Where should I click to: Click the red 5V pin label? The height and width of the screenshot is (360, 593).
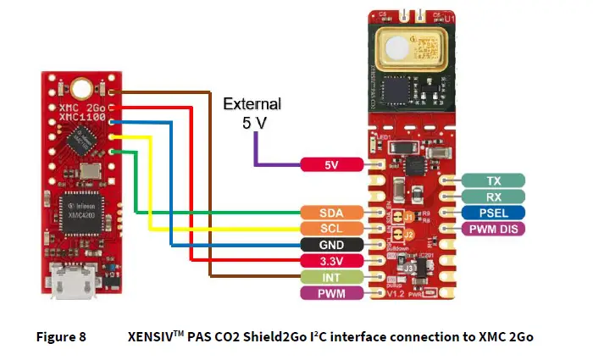(332, 165)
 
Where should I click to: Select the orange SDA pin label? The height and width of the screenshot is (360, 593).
(332, 212)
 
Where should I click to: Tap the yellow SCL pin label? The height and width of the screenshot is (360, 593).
(332, 229)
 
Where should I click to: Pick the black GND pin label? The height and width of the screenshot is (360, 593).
(332, 244)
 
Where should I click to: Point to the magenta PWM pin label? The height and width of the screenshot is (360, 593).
(332, 293)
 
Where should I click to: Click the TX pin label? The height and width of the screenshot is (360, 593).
(494, 180)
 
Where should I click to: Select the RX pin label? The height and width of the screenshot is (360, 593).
(494, 197)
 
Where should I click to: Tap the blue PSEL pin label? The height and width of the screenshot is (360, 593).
(494, 213)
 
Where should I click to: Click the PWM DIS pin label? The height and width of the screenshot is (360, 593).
(494, 229)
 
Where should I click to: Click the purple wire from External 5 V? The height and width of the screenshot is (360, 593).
(254, 152)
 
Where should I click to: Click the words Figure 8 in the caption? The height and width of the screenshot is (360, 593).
(60, 336)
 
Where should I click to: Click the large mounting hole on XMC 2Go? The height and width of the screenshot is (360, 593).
(81, 87)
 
